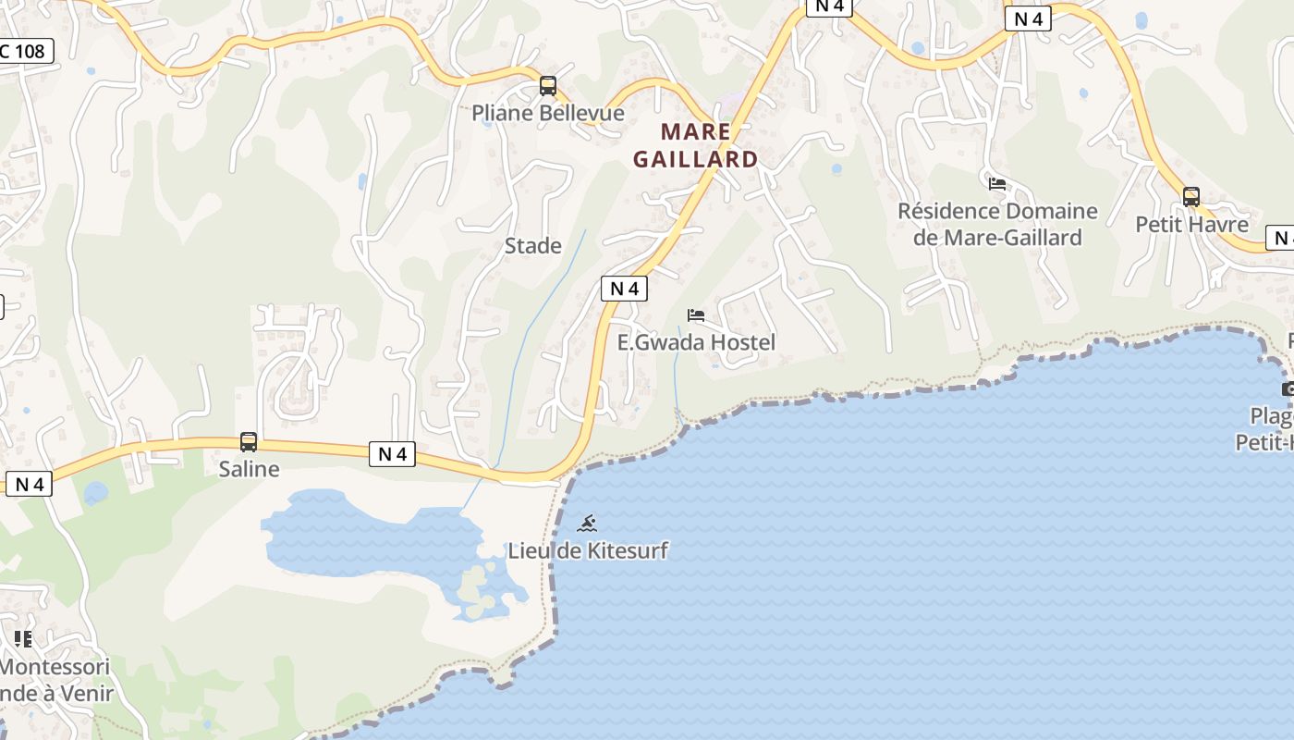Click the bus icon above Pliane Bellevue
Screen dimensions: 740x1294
point(548,87)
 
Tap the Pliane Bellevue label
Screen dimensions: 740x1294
point(548,114)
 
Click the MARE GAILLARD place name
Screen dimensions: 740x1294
point(695,145)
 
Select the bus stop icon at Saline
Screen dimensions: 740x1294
point(249,442)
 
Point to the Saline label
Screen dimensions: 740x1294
point(249,469)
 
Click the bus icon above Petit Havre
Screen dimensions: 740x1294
point(1191,197)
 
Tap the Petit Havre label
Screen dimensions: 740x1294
point(1191,225)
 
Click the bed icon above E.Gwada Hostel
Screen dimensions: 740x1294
point(696,315)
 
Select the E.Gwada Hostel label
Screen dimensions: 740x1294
point(696,343)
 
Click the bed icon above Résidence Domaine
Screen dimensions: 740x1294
point(997,184)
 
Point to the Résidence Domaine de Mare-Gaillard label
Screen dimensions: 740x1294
point(997,225)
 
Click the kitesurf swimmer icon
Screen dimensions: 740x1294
point(587,524)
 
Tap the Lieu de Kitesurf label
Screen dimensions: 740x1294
point(587,551)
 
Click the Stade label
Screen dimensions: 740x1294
point(533,246)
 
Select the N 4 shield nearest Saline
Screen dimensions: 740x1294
point(393,454)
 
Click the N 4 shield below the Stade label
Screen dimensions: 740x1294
point(625,289)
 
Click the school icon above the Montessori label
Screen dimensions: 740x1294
point(23,638)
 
